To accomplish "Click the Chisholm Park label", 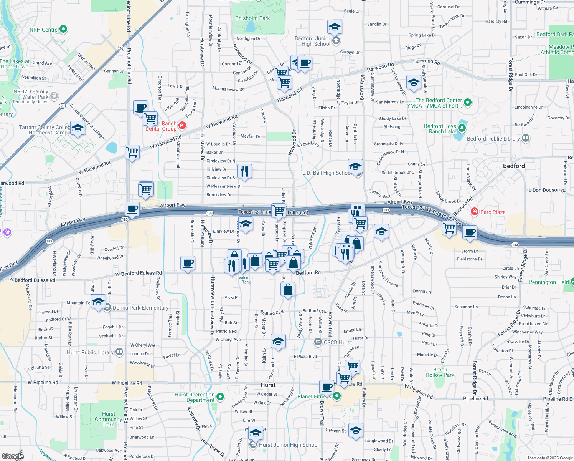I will pos(252,18).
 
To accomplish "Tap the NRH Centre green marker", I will pos(64,29).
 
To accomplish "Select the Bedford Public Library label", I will pos(493,139).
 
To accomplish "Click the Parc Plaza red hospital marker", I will pos(475,212).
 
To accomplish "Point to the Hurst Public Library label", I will pos(90,352).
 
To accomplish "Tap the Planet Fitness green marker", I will pos(336,395).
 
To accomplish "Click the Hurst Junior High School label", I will pos(289,445).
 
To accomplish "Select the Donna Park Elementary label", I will pos(140,308).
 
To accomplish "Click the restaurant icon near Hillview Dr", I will pos(244,171).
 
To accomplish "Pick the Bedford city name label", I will pos(514,166).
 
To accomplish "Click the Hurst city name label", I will pos(268,385).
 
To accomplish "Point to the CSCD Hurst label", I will pos(338,342).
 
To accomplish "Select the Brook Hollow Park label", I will pos(440,372).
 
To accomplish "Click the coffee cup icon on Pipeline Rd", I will pos(327,387).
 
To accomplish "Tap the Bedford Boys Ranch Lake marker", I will pos(462,128).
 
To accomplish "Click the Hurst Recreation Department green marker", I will pos(220,396).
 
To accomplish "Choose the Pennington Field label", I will pos(548,282).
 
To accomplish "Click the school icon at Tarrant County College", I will pos(78,128).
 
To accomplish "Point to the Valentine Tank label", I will pos(246,280).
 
